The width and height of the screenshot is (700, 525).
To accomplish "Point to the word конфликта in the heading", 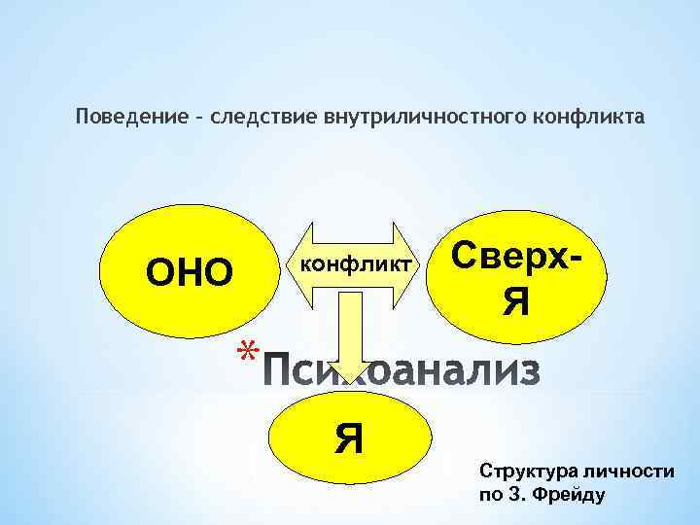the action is point(589,117).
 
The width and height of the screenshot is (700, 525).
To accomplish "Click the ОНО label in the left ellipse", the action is point(190,273).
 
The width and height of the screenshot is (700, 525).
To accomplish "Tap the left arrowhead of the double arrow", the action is point(295,263).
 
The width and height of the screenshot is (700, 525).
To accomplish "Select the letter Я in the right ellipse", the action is point(516,301).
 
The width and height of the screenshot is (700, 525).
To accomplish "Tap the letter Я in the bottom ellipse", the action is point(349,439).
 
